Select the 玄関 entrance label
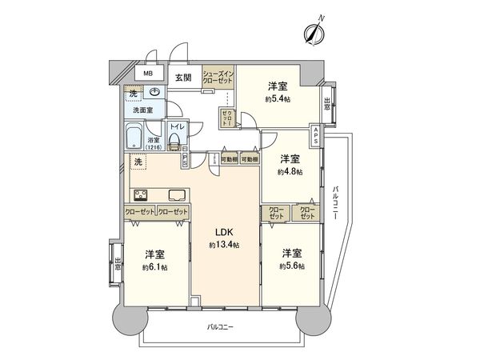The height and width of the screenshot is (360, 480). [183, 78]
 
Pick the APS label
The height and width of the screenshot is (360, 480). [317, 134]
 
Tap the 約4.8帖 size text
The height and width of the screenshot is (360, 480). [289, 170]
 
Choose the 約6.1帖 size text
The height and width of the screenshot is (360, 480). [154, 266]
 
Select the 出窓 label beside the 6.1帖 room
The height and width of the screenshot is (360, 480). [118, 263]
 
